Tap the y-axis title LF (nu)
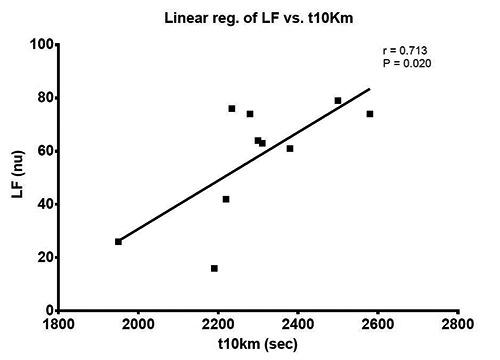coord(17,178)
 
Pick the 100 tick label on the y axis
coord(40,45)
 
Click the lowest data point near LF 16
coord(214,268)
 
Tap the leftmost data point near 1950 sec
coord(118,241)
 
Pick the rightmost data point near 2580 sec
coord(370,114)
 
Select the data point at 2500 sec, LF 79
coord(338,100)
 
